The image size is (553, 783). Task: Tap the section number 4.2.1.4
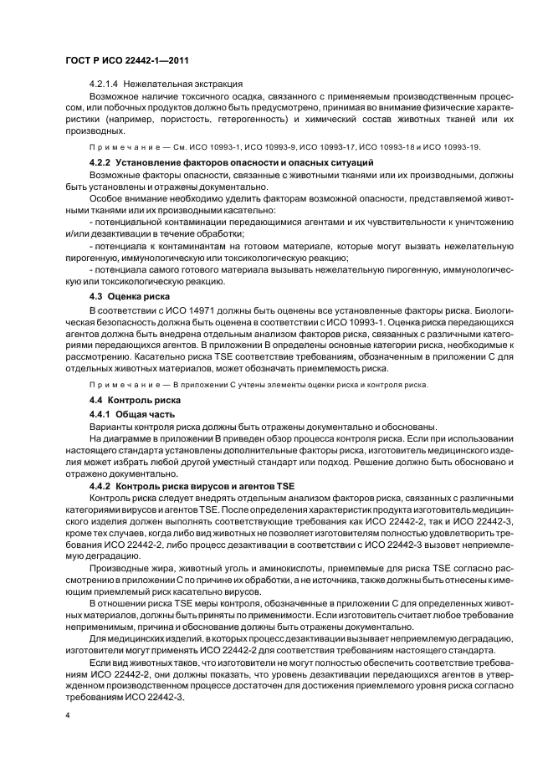click(107, 84)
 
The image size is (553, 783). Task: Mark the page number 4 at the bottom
click(66, 715)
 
